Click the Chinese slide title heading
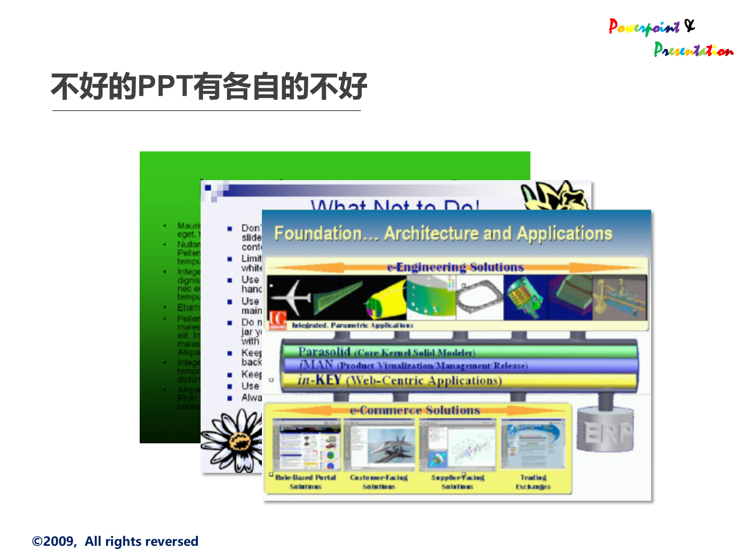coord(209,86)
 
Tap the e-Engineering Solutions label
coord(455,267)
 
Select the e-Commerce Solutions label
coord(415,410)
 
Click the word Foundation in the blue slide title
coord(318,234)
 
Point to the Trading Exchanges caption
coord(533,482)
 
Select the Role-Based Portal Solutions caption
coord(305,482)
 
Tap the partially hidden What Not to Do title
coord(395,204)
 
